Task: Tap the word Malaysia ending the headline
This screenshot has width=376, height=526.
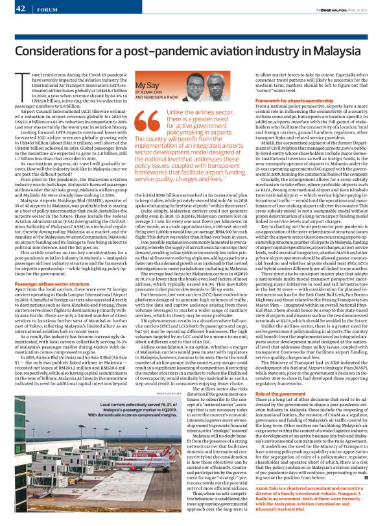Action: point(336,51)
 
